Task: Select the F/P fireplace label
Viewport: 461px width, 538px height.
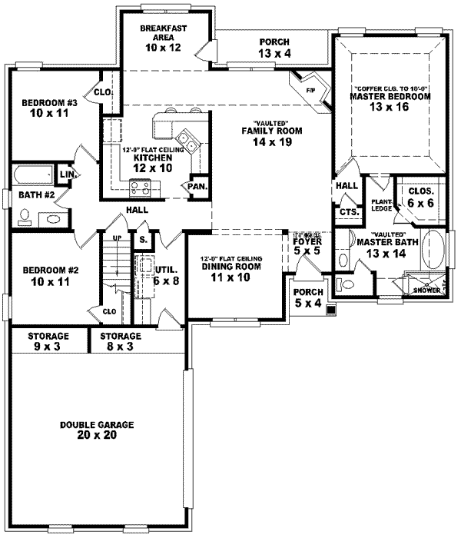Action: (x=310, y=90)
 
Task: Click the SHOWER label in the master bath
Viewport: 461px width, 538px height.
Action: (x=426, y=290)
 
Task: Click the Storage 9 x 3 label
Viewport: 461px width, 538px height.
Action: (x=48, y=341)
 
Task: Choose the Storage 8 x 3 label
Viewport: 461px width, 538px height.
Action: (x=120, y=341)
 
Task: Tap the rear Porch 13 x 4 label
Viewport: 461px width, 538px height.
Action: (x=274, y=47)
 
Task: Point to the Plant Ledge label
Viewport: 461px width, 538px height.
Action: (x=381, y=204)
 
